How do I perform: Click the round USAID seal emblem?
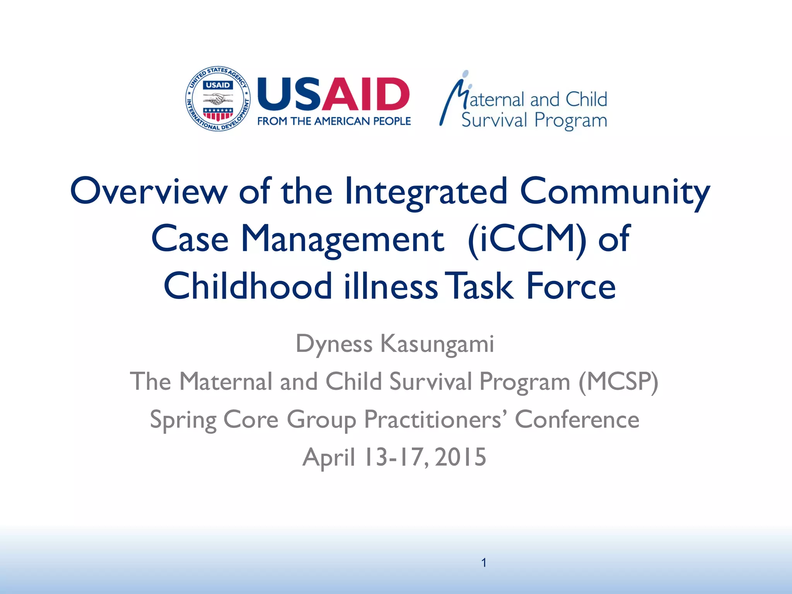[x=218, y=99]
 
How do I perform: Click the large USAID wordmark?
[x=333, y=94]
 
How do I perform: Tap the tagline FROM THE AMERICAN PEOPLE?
[x=334, y=121]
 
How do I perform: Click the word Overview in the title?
[x=149, y=191]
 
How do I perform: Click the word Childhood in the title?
[x=247, y=287]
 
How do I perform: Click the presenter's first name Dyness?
[x=334, y=344]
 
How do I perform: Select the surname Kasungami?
[x=437, y=344]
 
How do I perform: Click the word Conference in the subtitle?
[x=577, y=420]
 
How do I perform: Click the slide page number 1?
[x=484, y=563]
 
